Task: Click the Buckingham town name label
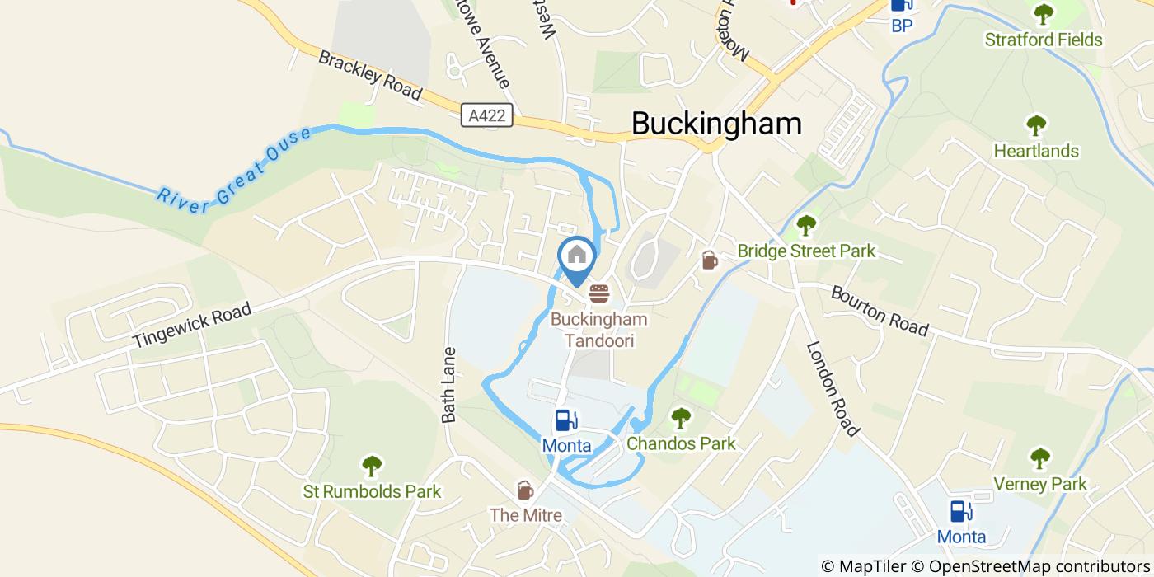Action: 716,123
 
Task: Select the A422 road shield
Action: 486,116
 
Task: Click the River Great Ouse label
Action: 234,170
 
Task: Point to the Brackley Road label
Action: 370,75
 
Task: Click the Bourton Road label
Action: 880,311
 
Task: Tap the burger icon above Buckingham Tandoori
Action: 599,293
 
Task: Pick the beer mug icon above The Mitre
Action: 524,490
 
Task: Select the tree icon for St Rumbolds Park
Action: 373,466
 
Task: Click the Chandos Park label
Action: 681,443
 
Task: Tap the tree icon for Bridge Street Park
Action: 805,225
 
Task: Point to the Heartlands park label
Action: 1035,151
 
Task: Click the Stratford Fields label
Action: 1044,40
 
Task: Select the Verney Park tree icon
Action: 1040,458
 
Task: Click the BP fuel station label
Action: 902,26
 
